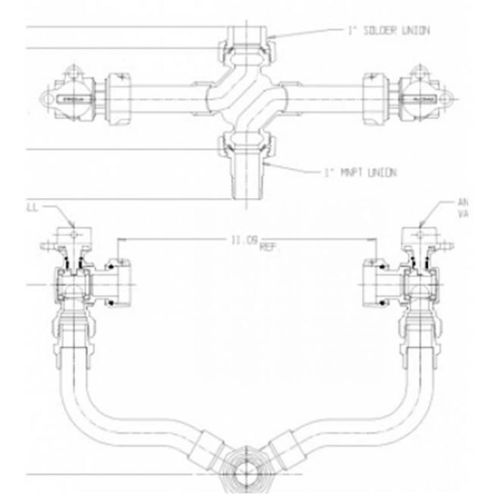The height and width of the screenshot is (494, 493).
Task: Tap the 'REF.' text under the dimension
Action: (269, 248)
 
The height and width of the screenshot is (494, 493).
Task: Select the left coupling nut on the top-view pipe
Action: (119, 98)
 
